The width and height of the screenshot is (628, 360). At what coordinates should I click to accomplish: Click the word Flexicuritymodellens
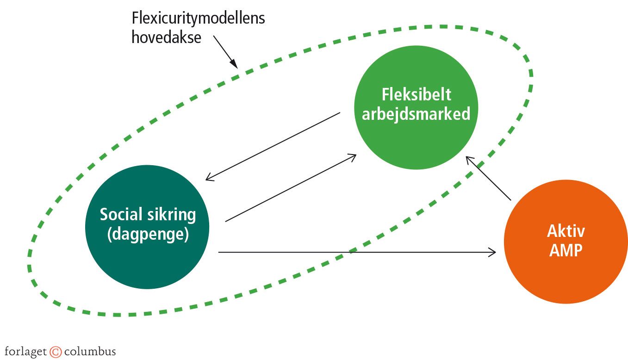point(198,19)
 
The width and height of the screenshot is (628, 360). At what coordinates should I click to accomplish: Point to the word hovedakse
point(166,37)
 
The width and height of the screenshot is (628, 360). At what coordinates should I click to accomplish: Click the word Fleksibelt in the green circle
point(416,94)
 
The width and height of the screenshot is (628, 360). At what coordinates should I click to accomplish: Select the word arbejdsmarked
point(416,113)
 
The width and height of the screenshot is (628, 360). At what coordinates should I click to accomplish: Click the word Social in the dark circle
point(118,215)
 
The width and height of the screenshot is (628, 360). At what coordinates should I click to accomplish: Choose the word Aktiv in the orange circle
point(566,231)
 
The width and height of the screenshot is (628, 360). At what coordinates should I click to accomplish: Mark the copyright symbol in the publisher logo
point(56,352)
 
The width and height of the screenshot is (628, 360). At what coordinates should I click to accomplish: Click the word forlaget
point(26,351)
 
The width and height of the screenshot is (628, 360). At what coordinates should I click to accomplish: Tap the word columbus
point(90,351)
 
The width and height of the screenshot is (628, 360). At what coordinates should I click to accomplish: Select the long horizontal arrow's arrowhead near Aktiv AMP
point(492,252)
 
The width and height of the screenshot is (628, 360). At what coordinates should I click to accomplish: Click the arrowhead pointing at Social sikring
point(209,178)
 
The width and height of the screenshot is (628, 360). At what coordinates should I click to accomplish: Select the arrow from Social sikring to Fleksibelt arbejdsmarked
point(291,188)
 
